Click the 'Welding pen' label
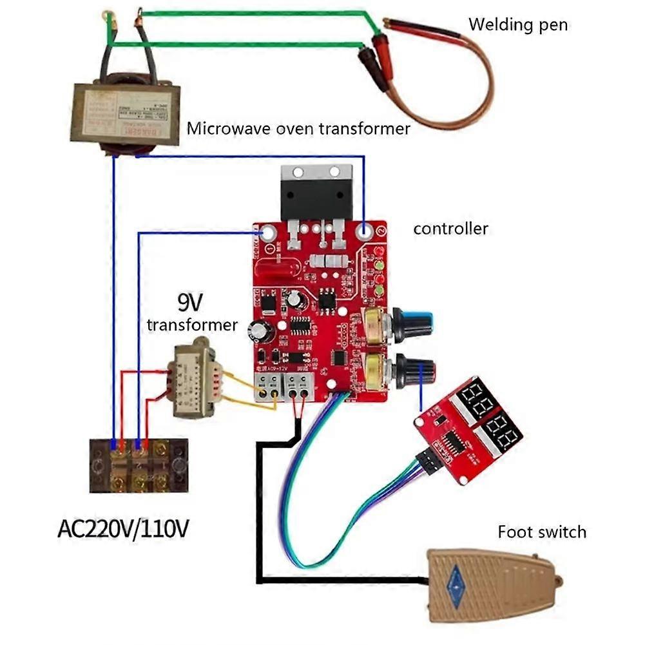coord(518,25)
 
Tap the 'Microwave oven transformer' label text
coord(298,129)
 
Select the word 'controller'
coord(450,228)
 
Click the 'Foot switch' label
coord(541,532)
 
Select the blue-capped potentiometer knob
coord(413,326)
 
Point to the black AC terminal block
coord(138,465)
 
